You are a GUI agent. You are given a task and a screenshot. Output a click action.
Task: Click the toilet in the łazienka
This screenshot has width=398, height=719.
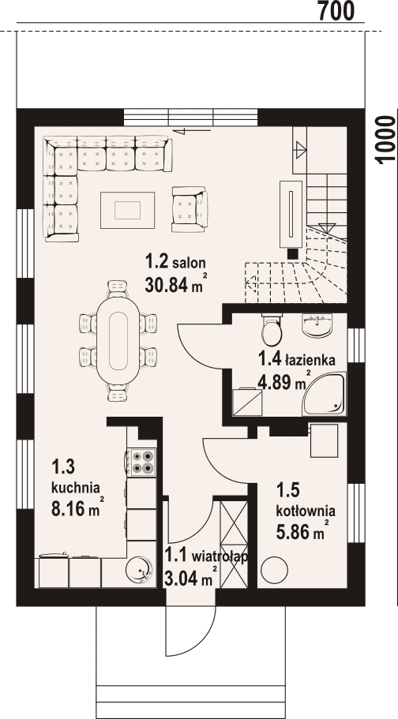click(270, 329)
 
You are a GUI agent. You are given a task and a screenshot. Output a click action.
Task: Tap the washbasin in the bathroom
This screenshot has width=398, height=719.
click(317, 324)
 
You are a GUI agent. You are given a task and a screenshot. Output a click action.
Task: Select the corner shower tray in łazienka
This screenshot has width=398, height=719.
click(324, 394)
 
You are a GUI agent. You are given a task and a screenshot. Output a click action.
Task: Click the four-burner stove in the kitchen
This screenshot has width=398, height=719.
click(141, 462)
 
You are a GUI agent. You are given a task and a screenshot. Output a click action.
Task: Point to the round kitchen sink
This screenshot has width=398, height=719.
click(141, 570)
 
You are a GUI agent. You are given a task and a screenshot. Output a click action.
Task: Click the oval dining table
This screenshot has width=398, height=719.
click(118, 341)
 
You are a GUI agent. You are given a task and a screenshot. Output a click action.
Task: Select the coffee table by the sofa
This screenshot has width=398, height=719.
click(128, 211)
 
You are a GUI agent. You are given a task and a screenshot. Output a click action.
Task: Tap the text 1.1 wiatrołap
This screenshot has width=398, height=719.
click(206, 556)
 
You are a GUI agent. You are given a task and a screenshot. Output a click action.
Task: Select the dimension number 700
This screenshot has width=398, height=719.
click(336, 10)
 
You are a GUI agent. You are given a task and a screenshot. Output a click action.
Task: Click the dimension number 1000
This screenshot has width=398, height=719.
click(385, 140)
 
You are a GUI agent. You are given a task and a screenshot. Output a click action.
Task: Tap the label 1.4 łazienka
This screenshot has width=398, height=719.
click(297, 359)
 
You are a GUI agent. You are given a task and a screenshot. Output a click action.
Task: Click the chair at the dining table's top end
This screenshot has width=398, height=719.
click(118, 289)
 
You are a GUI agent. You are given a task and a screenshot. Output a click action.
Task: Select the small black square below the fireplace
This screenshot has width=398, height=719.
click(293, 253)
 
